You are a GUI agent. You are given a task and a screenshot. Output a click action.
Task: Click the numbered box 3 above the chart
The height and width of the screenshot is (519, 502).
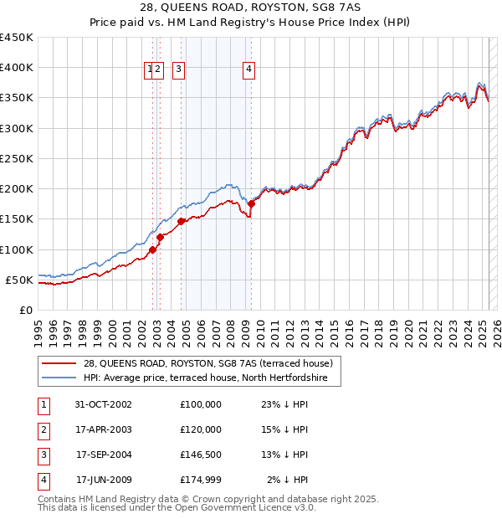[179, 70]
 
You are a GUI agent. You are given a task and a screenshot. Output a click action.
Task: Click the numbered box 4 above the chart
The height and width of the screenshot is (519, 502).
[249, 70]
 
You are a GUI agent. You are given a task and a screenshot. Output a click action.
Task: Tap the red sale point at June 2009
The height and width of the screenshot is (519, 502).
[251, 203]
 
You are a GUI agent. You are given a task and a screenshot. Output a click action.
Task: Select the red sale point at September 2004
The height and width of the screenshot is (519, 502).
[181, 221]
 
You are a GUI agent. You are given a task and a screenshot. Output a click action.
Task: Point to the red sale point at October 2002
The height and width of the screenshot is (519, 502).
[153, 249]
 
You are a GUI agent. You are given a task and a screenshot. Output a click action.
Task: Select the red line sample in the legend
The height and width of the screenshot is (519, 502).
[59, 363]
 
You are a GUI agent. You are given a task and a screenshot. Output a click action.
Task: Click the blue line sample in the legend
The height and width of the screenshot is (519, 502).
[59, 378]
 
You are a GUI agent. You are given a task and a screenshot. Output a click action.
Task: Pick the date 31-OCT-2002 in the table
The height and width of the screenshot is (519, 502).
[103, 404]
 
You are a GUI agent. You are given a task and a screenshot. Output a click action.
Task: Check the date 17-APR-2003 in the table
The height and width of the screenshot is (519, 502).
[103, 429]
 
